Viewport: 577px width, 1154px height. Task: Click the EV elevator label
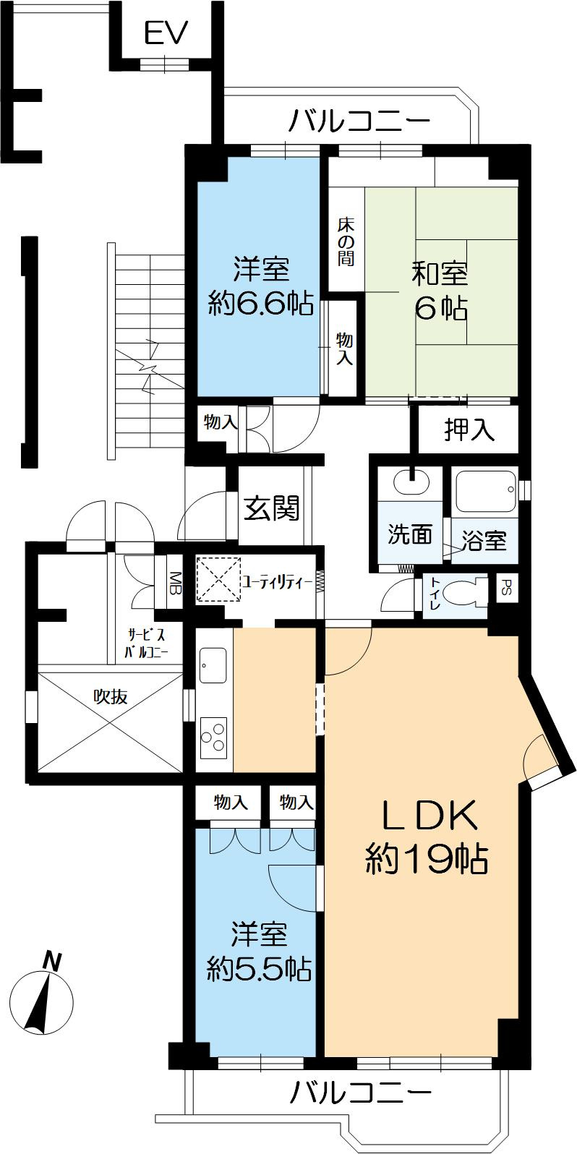pos(166,33)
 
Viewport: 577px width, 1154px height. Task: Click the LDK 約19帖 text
pos(427,839)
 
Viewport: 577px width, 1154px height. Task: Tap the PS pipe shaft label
pos(506,586)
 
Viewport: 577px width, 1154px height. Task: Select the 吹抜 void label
pos(111,697)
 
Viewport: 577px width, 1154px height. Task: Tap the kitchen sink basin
pos(213,664)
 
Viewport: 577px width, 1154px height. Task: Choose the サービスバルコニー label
pos(147,643)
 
